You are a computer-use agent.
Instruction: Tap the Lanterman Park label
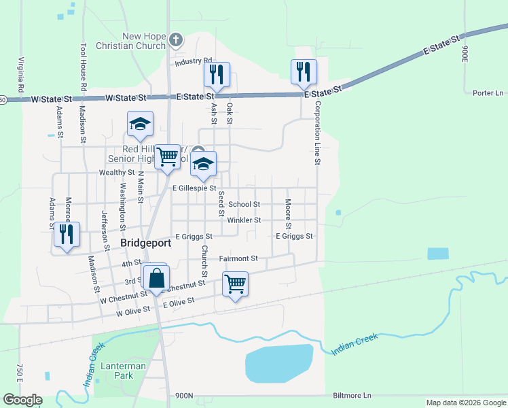[119, 371]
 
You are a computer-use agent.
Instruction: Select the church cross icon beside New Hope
[176, 39]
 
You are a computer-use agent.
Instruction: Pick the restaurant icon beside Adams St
[67, 235]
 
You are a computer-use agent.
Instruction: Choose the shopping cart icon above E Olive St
[235, 284]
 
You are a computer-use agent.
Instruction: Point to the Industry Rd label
[193, 62]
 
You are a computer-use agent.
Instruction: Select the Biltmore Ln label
[352, 395]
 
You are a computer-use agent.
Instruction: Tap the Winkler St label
[244, 220]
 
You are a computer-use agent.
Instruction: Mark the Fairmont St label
[238, 258]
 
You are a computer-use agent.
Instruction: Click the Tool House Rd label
[84, 68]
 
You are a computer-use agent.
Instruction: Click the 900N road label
[184, 396]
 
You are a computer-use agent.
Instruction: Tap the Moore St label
[288, 214]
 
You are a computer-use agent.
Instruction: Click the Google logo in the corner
[22, 400]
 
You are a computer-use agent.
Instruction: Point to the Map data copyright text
[465, 403]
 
